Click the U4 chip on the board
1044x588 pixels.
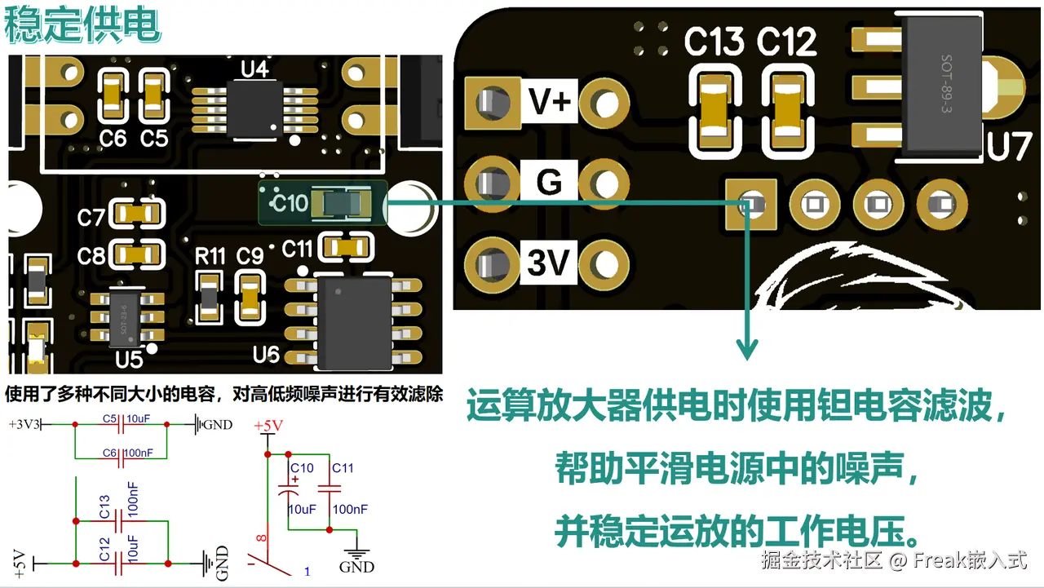click(x=255, y=108)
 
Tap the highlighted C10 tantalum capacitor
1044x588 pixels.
click(x=342, y=204)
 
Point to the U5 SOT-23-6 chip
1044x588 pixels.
click(x=125, y=318)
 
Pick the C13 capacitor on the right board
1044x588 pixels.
click(x=714, y=110)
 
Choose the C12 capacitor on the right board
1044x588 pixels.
click(x=788, y=110)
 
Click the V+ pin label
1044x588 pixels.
click(x=549, y=101)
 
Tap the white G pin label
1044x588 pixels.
click(x=549, y=182)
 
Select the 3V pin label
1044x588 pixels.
click(x=548, y=263)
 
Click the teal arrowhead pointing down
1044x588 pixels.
click(x=747, y=348)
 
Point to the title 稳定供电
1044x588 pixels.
click(x=82, y=25)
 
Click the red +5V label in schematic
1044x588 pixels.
click(x=268, y=426)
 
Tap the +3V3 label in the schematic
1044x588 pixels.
click(x=24, y=424)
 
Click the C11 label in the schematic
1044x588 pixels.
click(x=343, y=468)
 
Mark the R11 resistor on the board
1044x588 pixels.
click(x=209, y=298)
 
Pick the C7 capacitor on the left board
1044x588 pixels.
click(x=136, y=214)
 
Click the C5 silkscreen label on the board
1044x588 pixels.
click(x=154, y=139)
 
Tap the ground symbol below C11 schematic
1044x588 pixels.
click(x=356, y=555)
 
